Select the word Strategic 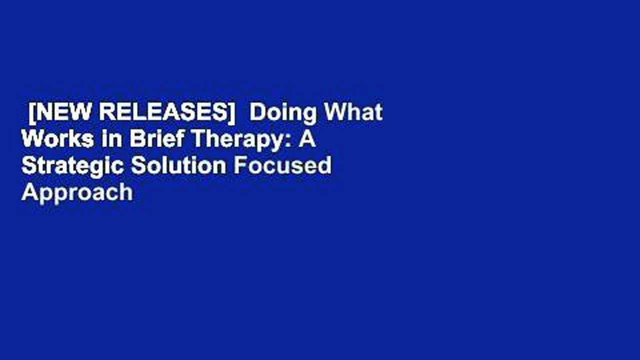(72, 166)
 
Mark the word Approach (77, 193)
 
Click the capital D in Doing (256, 113)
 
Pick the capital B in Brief (135, 139)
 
